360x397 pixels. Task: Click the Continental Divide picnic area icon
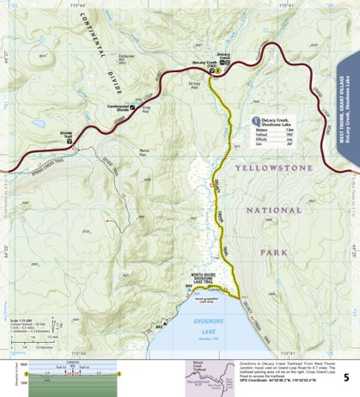[131, 107]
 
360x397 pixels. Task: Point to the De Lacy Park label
[194, 84]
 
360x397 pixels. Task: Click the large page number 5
[345, 376]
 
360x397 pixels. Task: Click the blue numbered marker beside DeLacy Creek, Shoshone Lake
[255, 121]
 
